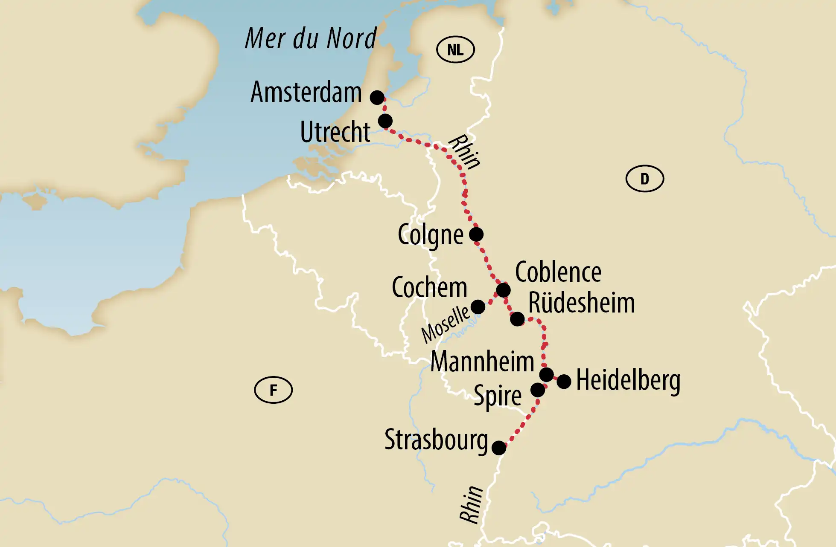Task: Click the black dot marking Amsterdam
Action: (377, 97)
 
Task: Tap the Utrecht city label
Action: (335, 132)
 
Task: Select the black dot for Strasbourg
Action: (498, 448)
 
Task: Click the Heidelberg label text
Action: (628, 380)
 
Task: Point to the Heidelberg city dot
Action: (564, 382)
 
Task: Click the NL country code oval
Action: (455, 50)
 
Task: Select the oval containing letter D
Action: (644, 179)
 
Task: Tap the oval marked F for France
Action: (273, 390)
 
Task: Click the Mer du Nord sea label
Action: (311, 38)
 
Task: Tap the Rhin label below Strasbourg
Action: (471, 504)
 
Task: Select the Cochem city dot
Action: (478, 307)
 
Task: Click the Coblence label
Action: (558, 272)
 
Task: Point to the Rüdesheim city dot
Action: (517, 318)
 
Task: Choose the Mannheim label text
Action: (482, 362)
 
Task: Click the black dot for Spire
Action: (537, 390)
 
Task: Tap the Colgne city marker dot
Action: (476, 234)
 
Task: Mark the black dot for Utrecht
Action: (385, 121)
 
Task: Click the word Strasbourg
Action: (436, 440)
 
